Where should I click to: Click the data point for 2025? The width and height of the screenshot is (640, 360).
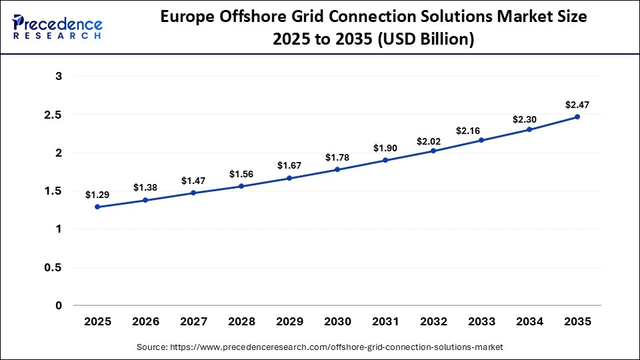(x=97, y=207)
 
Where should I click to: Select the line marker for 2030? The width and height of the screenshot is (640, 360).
(x=337, y=169)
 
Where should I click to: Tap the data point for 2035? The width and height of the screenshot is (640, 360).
(x=577, y=117)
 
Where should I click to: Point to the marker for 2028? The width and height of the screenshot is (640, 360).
(x=241, y=186)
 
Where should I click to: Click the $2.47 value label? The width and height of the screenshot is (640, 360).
(x=577, y=105)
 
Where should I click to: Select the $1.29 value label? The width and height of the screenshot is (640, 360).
(x=97, y=195)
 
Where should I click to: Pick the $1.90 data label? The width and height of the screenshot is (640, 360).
(x=385, y=148)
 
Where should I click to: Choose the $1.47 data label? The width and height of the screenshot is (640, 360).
(x=193, y=181)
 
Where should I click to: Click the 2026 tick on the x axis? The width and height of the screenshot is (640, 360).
(x=145, y=321)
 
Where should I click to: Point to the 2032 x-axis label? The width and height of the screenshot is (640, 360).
(x=433, y=321)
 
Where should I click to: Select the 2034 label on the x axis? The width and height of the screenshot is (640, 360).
(x=529, y=321)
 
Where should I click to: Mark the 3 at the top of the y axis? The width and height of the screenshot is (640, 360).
(x=59, y=77)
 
